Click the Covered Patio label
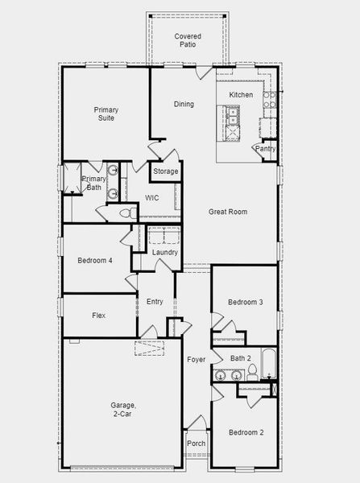pyautogui.click(x=188, y=41)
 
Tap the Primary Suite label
pyautogui.click(x=106, y=114)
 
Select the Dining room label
pyautogui.click(x=184, y=104)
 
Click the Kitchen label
pyautogui.click(x=241, y=95)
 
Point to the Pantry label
pyautogui.click(x=266, y=149)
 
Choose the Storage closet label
pyautogui.click(x=166, y=171)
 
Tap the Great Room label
pyautogui.click(x=228, y=212)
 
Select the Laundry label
pyautogui.click(x=165, y=253)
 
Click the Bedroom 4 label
pyautogui.click(x=95, y=261)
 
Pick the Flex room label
pyautogui.click(x=98, y=315)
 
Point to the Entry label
pyautogui.click(x=155, y=302)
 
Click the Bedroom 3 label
pyautogui.click(x=245, y=302)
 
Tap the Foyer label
pyautogui.click(x=197, y=359)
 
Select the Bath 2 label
pyautogui.click(x=241, y=358)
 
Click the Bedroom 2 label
pyautogui.click(x=245, y=432)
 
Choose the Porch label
pyautogui.click(x=196, y=444)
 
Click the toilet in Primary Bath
pyautogui.click(x=126, y=213)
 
